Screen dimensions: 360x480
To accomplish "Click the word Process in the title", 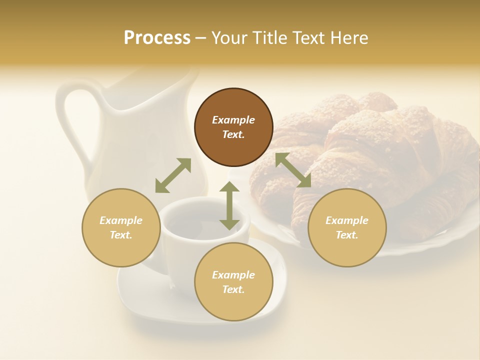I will point(157,38).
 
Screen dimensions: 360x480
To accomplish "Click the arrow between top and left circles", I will point(173,175).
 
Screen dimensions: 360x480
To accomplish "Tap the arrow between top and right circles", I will point(293,170).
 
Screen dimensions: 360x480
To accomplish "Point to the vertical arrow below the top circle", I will point(229,205).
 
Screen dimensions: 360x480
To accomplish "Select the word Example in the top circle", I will point(233,120).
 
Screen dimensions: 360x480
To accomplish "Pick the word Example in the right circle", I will point(347,220).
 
